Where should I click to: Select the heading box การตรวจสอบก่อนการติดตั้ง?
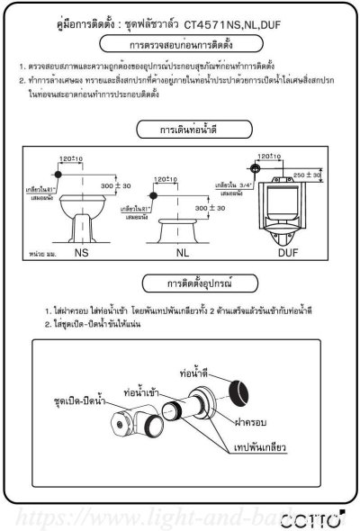pos(179,44)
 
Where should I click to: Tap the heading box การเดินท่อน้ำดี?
pos(179,130)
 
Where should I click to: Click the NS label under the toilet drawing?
pos(82,255)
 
